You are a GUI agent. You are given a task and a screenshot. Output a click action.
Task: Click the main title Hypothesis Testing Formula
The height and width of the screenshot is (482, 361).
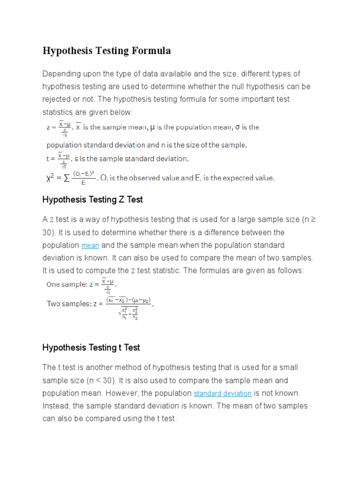point(107,51)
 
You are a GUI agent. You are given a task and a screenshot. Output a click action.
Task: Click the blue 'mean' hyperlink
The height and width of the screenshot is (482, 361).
point(90,246)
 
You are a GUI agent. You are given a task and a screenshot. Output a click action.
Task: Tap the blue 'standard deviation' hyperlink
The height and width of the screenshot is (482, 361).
point(223,393)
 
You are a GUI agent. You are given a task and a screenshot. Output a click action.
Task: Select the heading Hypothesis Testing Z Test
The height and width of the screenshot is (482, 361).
point(93,200)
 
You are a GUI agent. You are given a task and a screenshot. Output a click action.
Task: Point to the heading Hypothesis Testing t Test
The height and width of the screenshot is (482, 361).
point(91,348)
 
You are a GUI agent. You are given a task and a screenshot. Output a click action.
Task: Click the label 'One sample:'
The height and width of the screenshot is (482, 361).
point(66,284)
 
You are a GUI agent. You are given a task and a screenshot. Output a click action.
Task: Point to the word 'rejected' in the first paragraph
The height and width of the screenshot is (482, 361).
point(57,99)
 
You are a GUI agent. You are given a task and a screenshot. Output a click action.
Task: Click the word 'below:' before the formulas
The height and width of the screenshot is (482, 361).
point(122,112)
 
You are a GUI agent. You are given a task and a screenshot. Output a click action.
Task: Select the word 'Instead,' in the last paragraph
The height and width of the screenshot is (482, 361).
point(57,406)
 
